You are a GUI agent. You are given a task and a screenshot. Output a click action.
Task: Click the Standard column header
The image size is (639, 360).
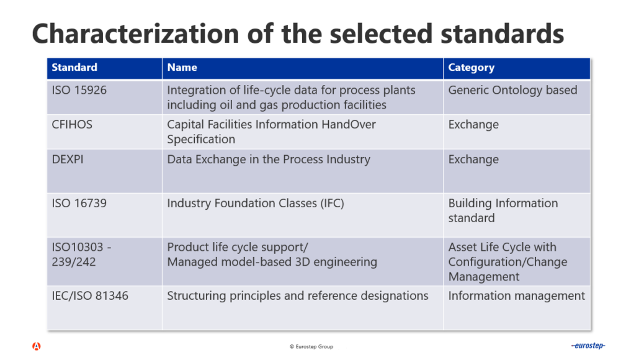[x=74, y=67]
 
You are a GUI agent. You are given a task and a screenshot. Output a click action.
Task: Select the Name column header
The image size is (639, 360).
[x=182, y=67]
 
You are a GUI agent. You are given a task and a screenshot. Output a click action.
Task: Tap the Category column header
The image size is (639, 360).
[x=471, y=68]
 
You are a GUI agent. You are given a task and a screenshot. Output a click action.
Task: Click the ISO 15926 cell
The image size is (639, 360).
[x=79, y=90]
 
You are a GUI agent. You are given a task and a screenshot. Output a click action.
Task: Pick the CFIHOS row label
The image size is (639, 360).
[x=72, y=124]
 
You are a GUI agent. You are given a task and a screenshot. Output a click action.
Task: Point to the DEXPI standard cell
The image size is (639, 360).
[x=68, y=159]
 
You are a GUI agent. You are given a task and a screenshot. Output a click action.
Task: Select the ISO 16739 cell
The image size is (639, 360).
[x=79, y=203]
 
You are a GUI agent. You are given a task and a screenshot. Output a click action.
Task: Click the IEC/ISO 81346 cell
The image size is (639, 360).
[x=90, y=295]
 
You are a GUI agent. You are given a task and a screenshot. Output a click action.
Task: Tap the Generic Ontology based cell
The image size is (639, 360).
[x=512, y=90]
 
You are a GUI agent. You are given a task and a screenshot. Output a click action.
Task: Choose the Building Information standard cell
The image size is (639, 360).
[x=503, y=210]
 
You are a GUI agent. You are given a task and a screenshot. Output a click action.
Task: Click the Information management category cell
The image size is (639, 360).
[x=516, y=295]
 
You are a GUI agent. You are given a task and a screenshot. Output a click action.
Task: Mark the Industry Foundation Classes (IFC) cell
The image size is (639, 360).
[x=256, y=203]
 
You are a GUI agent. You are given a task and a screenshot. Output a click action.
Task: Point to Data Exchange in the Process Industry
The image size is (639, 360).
[x=269, y=159]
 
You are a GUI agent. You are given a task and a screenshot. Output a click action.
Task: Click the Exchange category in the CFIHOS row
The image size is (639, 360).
[x=473, y=125]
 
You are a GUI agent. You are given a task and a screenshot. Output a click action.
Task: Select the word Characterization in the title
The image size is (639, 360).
[x=136, y=34]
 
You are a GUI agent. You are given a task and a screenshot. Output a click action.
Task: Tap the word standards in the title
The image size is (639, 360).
[x=503, y=34]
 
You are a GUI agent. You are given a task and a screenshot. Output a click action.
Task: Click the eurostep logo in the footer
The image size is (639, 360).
[x=588, y=346]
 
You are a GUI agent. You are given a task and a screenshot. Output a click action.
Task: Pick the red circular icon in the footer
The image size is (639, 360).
[x=36, y=346]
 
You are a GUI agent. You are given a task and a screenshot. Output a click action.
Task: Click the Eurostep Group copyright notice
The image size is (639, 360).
[x=311, y=346]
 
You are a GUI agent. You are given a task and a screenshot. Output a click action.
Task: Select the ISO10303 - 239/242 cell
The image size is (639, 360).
[x=81, y=254]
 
